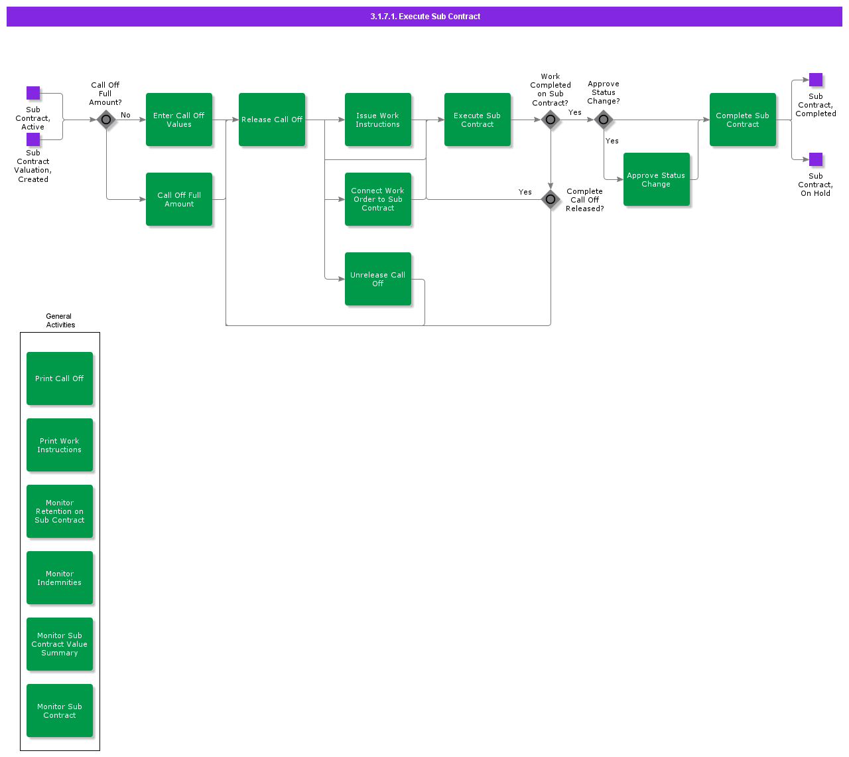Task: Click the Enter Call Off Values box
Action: (x=179, y=120)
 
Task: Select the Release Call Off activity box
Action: (x=272, y=120)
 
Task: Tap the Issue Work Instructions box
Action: (x=378, y=120)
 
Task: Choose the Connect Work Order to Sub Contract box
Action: (x=378, y=199)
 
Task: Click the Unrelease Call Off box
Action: (x=378, y=279)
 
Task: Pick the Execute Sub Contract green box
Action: (x=478, y=120)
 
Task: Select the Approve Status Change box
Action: (x=657, y=179)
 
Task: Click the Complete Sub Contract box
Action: (x=743, y=120)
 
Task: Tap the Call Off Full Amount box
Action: (x=179, y=199)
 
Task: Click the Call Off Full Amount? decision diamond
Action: (x=106, y=120)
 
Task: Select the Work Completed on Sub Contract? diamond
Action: (x=551, y=120)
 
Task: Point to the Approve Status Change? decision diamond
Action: (x=604, y=120)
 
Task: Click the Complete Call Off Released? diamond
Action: (x=551, y=199)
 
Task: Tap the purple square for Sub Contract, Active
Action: (x=33, y=93)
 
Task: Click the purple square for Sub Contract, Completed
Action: (x=816, y=80)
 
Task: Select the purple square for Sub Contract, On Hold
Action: (x=816, y=159)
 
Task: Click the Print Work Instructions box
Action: (x=60, y=445)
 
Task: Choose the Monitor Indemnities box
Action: (x=60, y=578)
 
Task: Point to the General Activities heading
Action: (x=60, y=321)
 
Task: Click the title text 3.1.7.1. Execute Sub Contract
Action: (x=425, y=17)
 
